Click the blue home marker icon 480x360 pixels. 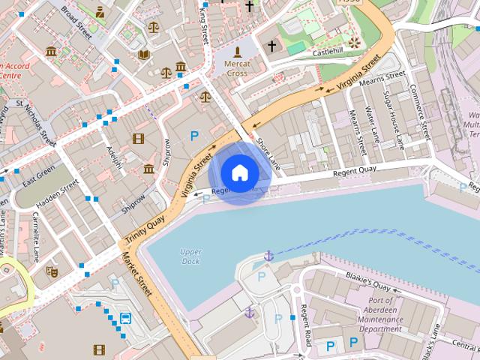coord(239,173)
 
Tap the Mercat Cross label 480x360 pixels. coord(238,69)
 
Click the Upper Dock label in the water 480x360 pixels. coord(191,256)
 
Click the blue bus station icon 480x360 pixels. coord(125,319)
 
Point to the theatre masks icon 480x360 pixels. coord(52,271)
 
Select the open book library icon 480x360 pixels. coord(144,55)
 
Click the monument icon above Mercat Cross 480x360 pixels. coord(238,52)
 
